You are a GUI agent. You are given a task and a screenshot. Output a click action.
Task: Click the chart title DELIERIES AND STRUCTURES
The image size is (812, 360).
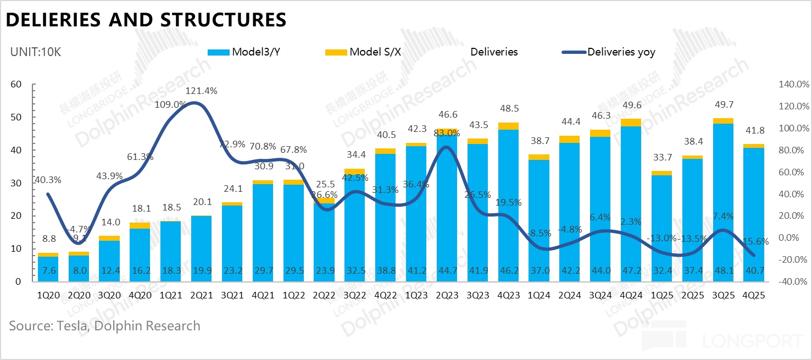[x=146, y=20]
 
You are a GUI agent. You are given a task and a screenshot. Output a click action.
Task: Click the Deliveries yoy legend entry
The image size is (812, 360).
[x=621, y=52]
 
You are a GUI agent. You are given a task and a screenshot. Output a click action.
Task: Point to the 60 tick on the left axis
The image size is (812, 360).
[x=16, y=84]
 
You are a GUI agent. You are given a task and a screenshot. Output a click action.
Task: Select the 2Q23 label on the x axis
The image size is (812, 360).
[x=448, y=295]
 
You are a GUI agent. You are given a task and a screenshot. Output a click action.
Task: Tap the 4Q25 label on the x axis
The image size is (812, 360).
[x=753, y=295]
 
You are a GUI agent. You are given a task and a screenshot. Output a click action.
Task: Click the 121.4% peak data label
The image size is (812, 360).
[x=202, y=91]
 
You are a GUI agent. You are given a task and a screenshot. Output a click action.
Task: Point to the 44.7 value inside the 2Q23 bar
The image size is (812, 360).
[x=448, y=270]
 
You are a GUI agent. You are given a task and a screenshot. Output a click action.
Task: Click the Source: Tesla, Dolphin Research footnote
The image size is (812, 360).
[x=104, y=325]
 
